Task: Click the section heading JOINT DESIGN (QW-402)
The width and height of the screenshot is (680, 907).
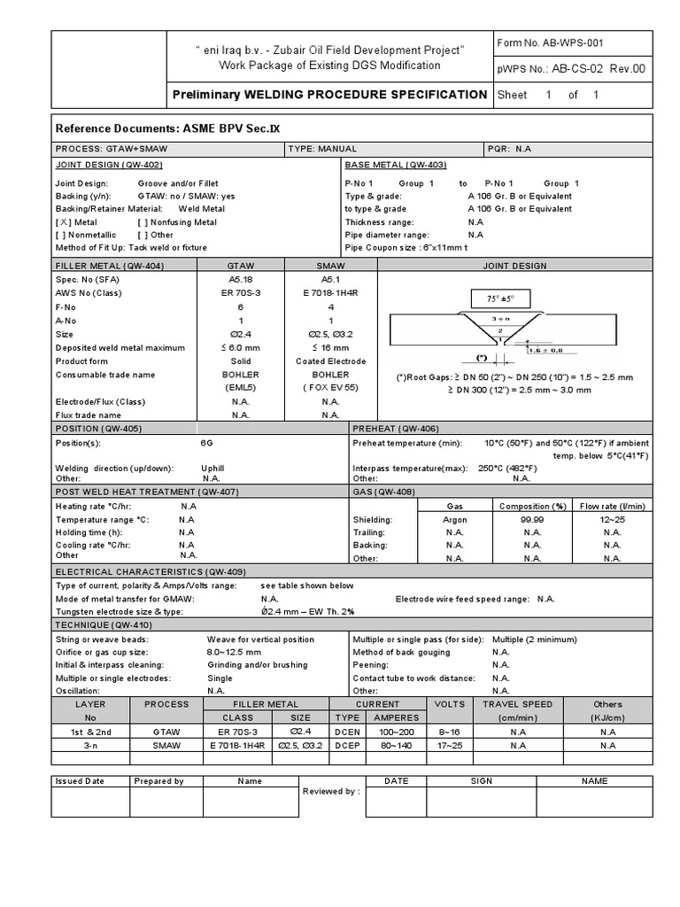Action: point(109,166)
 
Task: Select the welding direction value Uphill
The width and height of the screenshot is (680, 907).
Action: point(213,469)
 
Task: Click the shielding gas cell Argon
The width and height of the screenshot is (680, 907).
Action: point(455,520)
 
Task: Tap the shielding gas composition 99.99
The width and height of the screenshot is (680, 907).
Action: point(532,520)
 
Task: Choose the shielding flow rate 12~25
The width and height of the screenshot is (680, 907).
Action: point(613,520)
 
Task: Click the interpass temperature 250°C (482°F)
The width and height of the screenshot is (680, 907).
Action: point(508,469)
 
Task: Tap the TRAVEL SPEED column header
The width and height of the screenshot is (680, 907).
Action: point(518,704)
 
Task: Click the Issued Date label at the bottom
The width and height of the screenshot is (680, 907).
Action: point(80,781)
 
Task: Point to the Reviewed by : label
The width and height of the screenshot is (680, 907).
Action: point(331,791)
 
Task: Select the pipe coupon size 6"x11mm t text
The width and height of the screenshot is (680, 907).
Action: point(411,248)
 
